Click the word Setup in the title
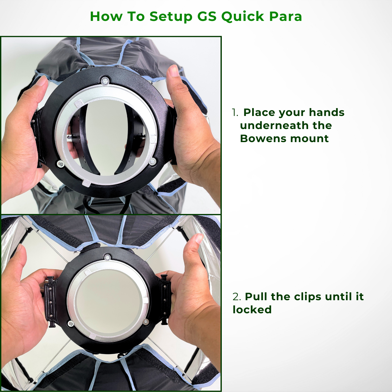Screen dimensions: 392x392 [171, 16]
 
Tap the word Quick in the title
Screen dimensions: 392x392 [242, 16]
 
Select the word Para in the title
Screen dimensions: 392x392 [286, 16]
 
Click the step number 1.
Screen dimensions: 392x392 [235, 112]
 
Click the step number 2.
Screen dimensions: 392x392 [237, 297]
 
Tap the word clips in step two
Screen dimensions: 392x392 [309, 297]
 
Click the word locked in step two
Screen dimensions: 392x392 [252, 310]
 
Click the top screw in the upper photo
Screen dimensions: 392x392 [105, 80]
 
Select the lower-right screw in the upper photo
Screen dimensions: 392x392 [152, 161]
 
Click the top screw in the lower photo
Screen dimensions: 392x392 [106, 257]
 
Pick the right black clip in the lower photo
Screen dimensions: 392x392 [165, 299]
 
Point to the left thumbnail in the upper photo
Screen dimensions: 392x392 [42, 81]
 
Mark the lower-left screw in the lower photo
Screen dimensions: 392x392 [71, 323]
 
